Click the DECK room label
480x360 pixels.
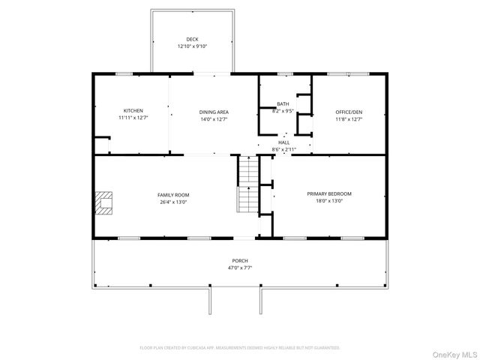tap(192, 39)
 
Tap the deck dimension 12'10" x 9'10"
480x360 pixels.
tap(192, 46)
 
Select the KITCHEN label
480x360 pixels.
tap(133, 111)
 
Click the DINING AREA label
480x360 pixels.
tap(214, 112)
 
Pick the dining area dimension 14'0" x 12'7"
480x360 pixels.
tap(214, 119)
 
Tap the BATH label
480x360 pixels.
tap(283, 104)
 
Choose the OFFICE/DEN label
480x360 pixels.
tap(349, 112)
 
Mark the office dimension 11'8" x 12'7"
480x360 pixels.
tap(349, 119)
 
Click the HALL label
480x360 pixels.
tap(284, 142)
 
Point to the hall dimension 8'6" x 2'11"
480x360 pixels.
tap(284, 149)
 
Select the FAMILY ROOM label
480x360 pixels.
tap(172, 194)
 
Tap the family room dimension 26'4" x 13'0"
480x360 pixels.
tap(172, 202)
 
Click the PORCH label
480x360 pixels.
tap(240, 260)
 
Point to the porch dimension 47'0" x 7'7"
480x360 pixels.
tap(240, 268)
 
